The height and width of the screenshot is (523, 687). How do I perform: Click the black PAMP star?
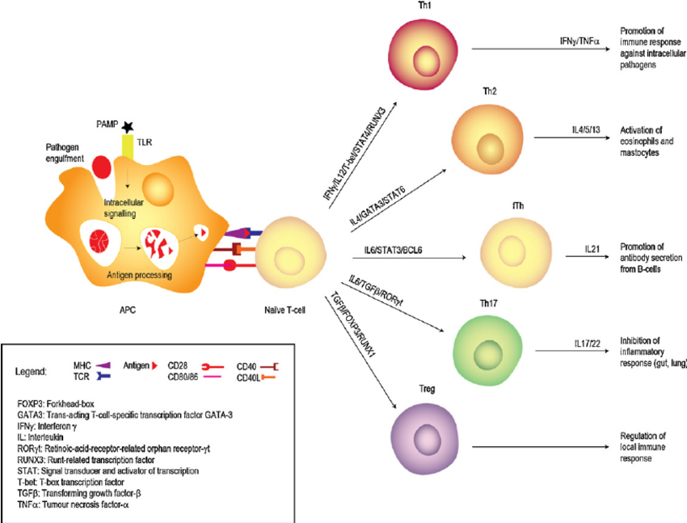coord(127,126)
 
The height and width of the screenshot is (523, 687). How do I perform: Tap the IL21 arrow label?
coord(593,249)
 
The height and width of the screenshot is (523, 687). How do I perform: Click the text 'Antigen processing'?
coord(137,276)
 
